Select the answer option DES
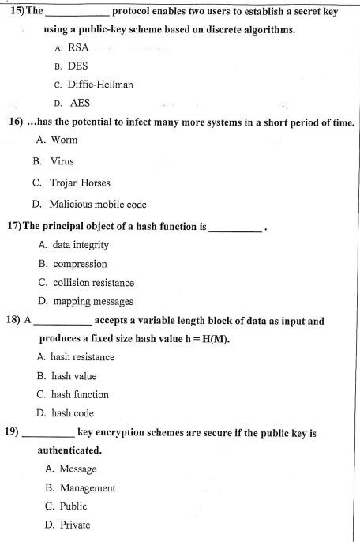[x=78, y=66]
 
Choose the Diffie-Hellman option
[x=99, y=85]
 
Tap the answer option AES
[x=80, y=103]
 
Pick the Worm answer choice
[x=64, y=140]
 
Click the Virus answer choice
[x=62, y=161]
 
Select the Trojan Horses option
[x=81, y=183]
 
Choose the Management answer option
[x=83, y=487]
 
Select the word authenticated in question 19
[x=69, y=450]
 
